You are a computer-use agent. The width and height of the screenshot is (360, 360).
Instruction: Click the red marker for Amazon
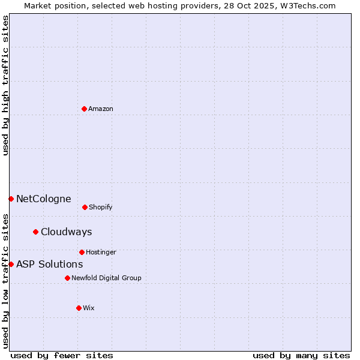(84, 109)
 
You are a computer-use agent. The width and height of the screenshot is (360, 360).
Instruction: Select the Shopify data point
(85, 207)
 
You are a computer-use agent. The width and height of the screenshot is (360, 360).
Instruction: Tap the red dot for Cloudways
(35, 232)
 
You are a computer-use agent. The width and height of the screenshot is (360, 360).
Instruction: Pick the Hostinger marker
(82, 252)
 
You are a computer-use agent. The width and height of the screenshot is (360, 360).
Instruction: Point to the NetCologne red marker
(11, 199)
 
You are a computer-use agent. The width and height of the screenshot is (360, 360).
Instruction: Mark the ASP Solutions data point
(11, 264)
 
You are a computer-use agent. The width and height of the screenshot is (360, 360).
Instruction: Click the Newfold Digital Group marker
(67, 278)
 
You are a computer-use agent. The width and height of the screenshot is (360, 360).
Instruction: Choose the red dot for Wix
(79, 308)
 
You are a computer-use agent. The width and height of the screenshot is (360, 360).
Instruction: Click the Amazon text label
(101, 109)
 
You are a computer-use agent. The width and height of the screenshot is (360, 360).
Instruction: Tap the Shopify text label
(101, 207)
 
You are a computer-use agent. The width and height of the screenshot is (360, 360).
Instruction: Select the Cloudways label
(67, 232)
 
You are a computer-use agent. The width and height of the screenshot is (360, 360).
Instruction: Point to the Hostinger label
(101, 252)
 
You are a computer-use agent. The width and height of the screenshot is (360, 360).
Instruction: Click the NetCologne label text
(44, 199)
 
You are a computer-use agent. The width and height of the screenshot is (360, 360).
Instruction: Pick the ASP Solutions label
(50, 264)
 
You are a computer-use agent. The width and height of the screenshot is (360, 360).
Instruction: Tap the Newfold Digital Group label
(106, 278)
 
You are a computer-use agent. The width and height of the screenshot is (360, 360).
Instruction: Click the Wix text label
(89, 308)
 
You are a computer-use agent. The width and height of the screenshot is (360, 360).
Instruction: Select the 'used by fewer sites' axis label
(62, 355)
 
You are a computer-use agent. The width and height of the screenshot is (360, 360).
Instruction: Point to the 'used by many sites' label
(301, 355)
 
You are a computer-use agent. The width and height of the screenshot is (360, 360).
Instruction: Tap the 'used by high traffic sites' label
(5, 85)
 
